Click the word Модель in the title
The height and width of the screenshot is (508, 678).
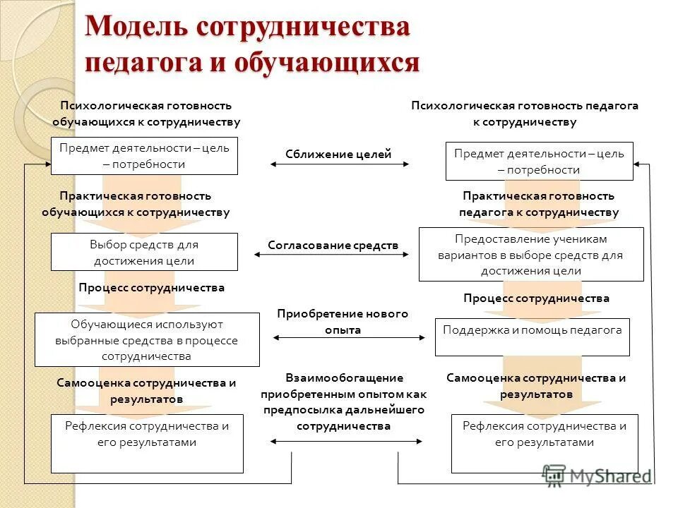pyautogui.click(x=136, y=28)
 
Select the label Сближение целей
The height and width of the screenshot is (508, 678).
pyautogui.click(x=338, y=155)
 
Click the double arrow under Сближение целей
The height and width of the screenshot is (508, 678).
pyautogui.click(x=339, y=164)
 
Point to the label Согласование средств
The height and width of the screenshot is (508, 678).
pyautogui.click(x=333, y=245)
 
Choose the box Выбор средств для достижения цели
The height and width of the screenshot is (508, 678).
pyautogui.click(x=144, y=252)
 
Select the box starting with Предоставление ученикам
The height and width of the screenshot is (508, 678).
pyautogui.click(x=531, y=255)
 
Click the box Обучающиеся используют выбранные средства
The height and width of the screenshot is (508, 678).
pyautogui.click(x=147, y=339)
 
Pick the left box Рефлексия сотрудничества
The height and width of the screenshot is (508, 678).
pyautogui.click(x=147, y=443)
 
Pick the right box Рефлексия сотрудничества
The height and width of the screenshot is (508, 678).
pyautogui.click(x=544, y=443)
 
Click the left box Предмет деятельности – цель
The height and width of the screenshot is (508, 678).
pyautogui.click(x=144, y=156)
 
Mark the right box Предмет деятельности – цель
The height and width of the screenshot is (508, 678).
pyautogui.click(x=539, y=161)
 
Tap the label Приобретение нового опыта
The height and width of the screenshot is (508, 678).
pyautogui.click(x=343, y=321)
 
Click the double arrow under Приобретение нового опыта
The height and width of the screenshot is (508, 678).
pyautogui.click(x=349, y=338)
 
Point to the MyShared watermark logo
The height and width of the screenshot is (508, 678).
pyautogui.click(x=596, y=476)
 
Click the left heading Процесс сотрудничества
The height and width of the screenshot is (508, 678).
pyautogui.click(x=152, y=288)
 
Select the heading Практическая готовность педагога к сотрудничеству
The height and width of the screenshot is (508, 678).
pyautogui.click(x=538, y=204)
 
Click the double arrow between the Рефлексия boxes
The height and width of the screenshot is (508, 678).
pyautogui.click(x=347, y=442)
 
